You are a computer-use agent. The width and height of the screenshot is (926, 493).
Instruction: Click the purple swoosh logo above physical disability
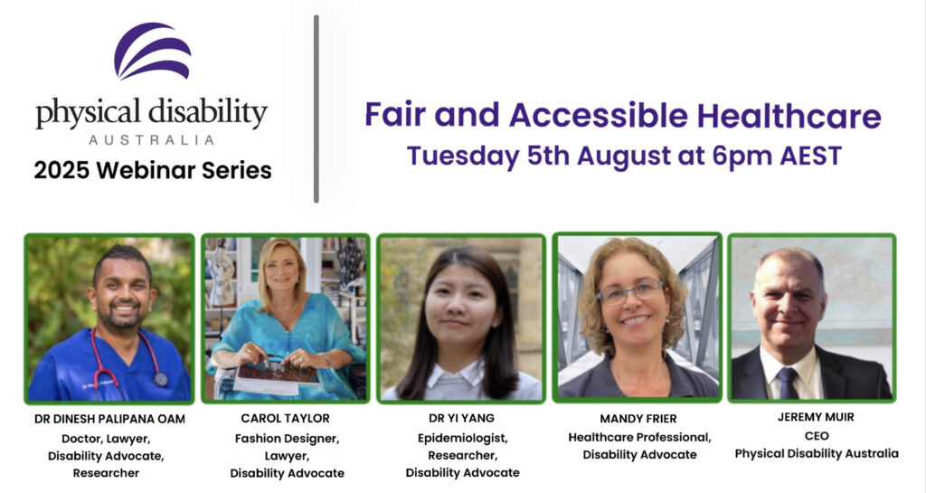point(152,51)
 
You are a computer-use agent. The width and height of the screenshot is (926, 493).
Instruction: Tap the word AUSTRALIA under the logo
point(152,140)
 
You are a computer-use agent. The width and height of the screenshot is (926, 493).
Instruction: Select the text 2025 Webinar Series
point(153,170)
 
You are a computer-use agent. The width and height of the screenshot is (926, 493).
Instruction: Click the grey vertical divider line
point(317,109)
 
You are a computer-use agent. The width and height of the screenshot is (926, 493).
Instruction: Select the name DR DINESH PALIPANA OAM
point(109,419)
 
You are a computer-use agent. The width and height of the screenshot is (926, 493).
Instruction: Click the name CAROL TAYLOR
point(285,419)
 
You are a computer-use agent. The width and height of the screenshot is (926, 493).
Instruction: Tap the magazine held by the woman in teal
point(277,377)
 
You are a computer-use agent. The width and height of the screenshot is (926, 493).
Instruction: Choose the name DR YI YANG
point(462,418)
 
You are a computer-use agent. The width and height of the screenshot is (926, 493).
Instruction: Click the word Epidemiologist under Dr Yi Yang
point(462,439)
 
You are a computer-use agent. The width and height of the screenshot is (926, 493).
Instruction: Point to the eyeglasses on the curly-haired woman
point(630,292)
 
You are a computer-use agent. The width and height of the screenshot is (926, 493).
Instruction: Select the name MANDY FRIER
point(638,419)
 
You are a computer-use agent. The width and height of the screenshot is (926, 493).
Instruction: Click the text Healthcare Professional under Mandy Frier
point(639,438)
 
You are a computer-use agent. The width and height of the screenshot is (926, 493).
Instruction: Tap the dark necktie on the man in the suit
point(788,384)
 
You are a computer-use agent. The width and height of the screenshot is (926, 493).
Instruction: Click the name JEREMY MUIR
point(816,417)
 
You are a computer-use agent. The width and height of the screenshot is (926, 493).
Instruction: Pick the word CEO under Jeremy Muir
point(817,436)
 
